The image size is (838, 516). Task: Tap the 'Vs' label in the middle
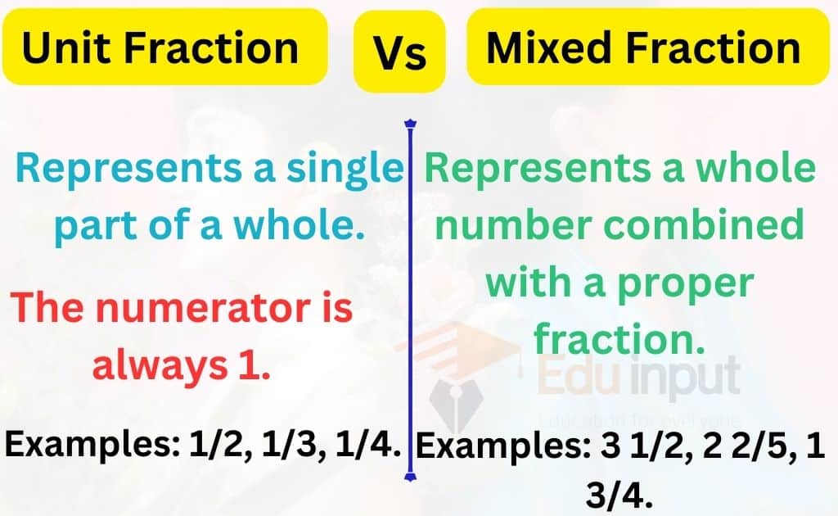(x=400, y=54)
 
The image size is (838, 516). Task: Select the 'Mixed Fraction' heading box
(x=643, y=48)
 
